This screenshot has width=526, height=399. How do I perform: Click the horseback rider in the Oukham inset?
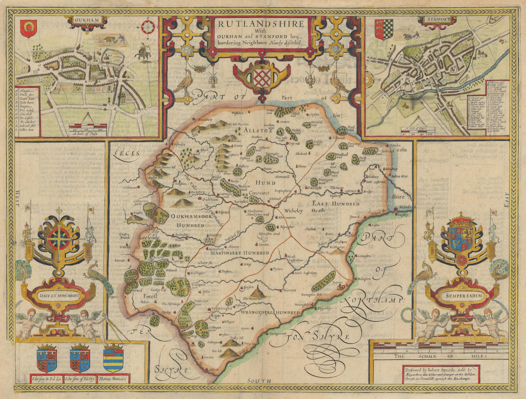coord(141,52)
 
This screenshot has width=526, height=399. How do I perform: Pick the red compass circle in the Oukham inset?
coord(149,26)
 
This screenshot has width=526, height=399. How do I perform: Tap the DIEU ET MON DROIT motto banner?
coord(58,295)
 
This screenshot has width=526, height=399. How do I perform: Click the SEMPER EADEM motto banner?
coord(461,297)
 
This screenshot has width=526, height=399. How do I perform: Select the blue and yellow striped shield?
coord(113,358)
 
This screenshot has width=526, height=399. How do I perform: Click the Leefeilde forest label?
coord(145,237)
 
